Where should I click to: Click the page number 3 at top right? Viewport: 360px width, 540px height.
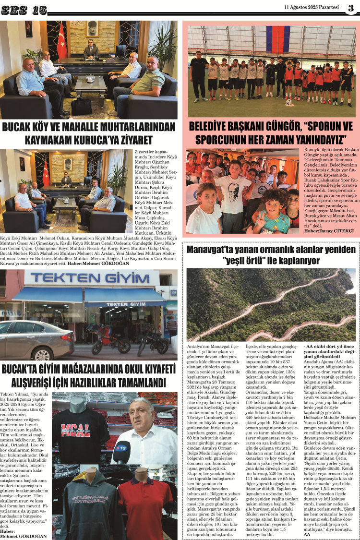pos(351,8)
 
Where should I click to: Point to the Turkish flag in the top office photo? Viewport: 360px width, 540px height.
pos(61,41)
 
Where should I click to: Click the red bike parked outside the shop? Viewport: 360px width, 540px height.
pos(108,338)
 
